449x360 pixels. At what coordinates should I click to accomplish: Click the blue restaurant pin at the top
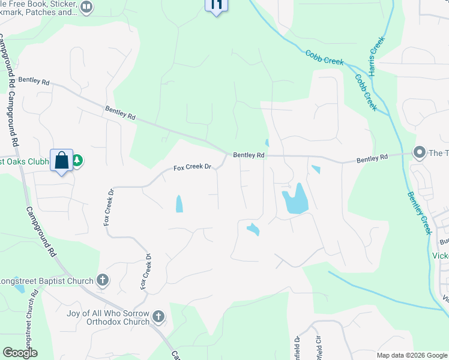217,5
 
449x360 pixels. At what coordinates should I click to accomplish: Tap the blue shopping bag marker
61,160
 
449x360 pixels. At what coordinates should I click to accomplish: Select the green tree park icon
77,161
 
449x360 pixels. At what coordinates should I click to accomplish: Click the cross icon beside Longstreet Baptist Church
103,280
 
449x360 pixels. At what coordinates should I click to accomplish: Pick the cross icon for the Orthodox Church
158,316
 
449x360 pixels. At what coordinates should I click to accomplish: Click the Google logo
20,353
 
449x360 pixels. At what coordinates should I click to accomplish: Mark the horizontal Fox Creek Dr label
193,167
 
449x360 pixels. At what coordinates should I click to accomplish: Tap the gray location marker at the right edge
420,152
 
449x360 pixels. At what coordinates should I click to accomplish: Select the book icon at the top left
86,7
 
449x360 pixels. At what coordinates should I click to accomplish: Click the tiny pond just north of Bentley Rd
267,143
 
